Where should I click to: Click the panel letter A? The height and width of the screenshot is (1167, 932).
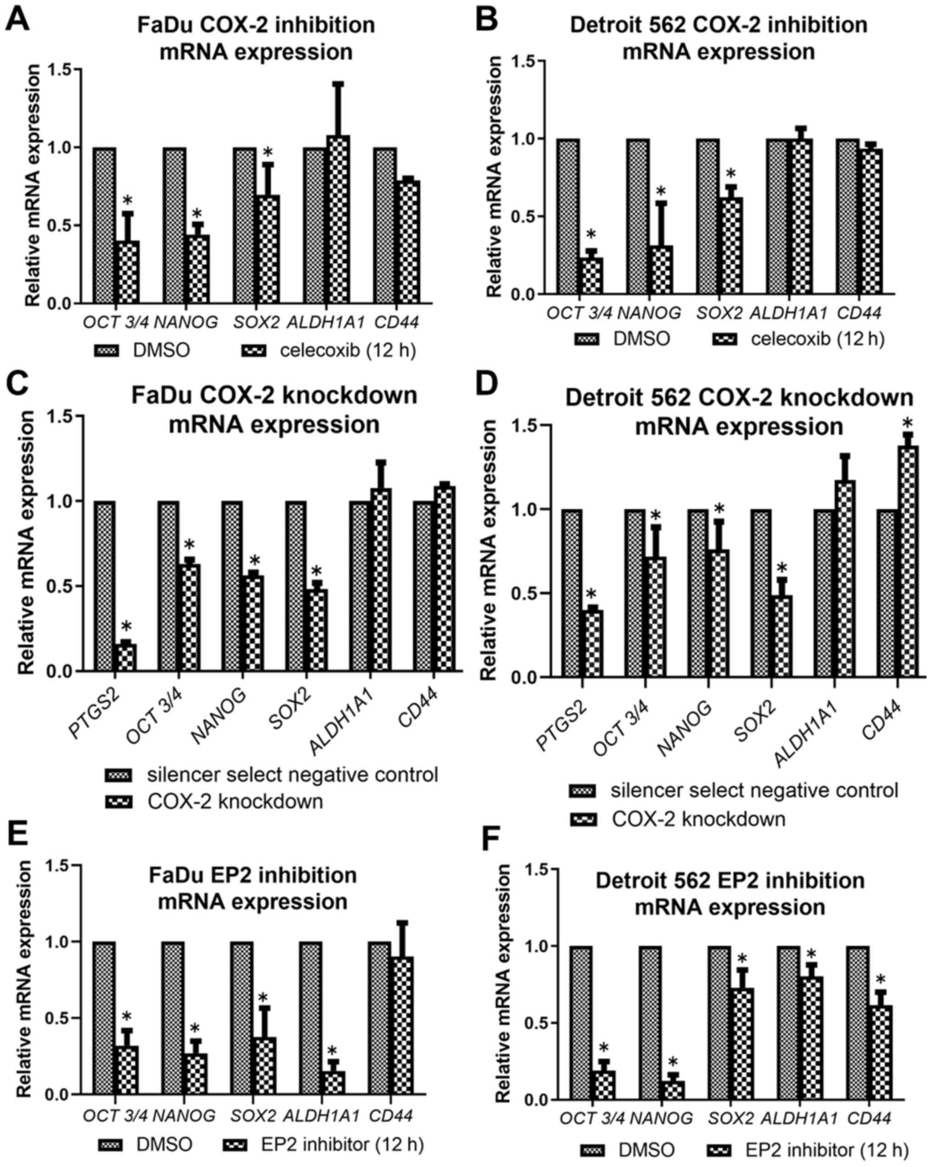point(16,21)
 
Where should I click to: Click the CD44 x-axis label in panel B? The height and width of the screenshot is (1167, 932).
point(859,312)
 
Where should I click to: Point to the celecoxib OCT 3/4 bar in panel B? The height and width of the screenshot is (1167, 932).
point(592,276)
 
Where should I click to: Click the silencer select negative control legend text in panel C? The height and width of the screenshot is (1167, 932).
point(292,774)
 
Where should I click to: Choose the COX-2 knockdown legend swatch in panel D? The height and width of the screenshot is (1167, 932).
point(583,819)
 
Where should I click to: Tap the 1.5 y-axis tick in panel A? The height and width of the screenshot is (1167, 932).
point(60,69)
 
